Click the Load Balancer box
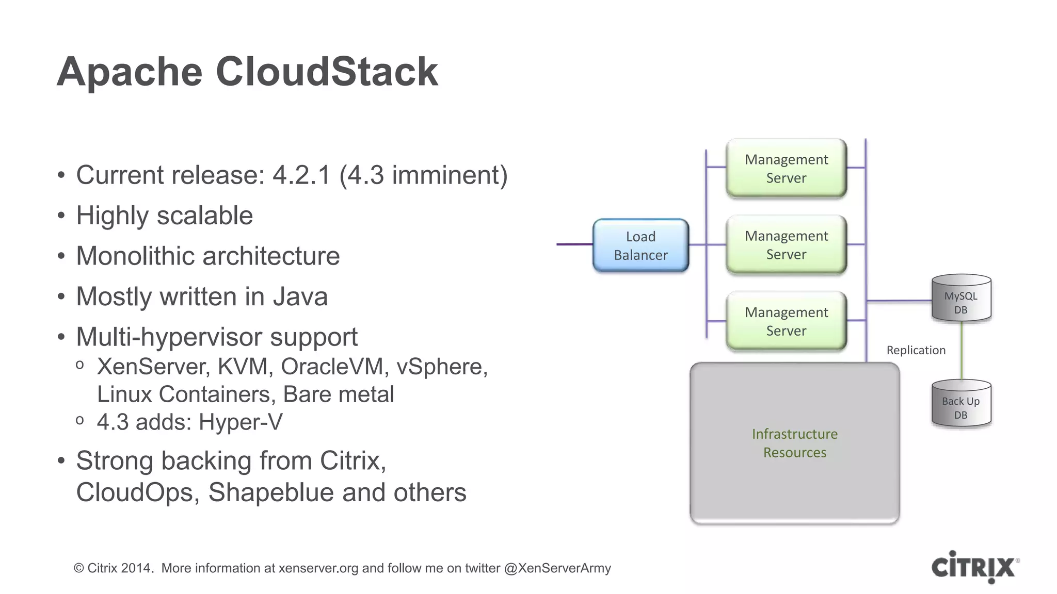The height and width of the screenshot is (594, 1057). pyautogui.click(x=640, y=245)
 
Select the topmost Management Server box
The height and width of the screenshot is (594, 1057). pyautogui.click(x=786, y=168)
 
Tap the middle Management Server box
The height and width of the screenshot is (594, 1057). pyautogui.click(x=786, y=245)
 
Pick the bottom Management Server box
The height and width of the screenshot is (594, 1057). pyautogui.click(x=786, y=321)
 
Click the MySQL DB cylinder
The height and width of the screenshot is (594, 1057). pyautogui.click(x=960, y=300)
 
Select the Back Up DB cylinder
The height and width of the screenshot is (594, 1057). pyautogui.click(x=960, y=404)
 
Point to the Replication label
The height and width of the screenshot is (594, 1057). pyautogui.click(x=916, y=350)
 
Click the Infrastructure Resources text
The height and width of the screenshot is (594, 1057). pyautogui.click(x=794, y=443)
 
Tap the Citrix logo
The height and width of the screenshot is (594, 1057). pyautogui.click(x=974, y=567)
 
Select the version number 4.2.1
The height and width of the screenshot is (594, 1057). pyautogui.click(x=301, y=175)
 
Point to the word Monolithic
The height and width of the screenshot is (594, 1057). pyautogui.click(x=150, y=256)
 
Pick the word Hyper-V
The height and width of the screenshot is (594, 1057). pyautogui.click(x=241, y=422)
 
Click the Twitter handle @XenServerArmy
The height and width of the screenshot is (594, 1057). pyautogui.click(x=557, y=568)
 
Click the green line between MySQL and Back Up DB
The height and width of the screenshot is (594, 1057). pyautogui.click(x=962, y=351)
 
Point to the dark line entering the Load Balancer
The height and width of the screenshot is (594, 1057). pyautogui.click(x=574, y=244)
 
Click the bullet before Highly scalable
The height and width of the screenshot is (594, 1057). pyautogui.click(x=61, y=216)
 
